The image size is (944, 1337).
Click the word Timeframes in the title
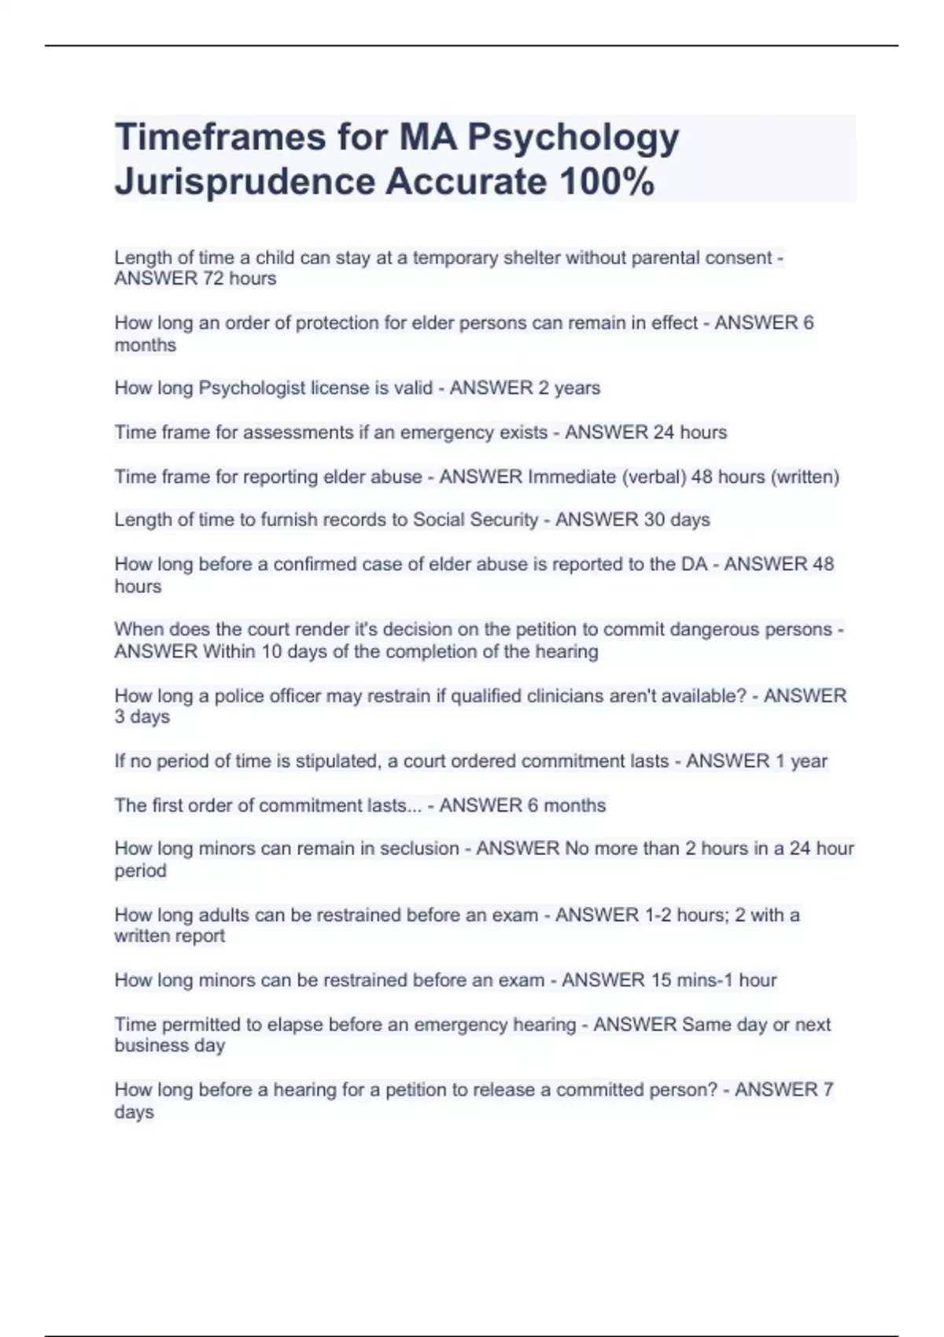pyautogui.click(x=219, y=137)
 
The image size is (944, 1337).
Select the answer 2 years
pyautogui.click(x=569, y=388)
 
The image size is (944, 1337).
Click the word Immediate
pyautogui.click(x=571, y=477)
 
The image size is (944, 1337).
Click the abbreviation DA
pyautogui.click(x=695, y=564)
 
